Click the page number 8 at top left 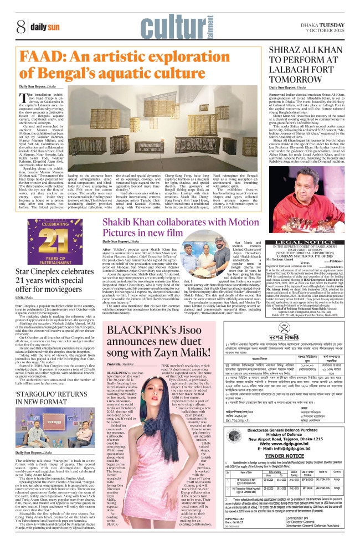tap(20, 26)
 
